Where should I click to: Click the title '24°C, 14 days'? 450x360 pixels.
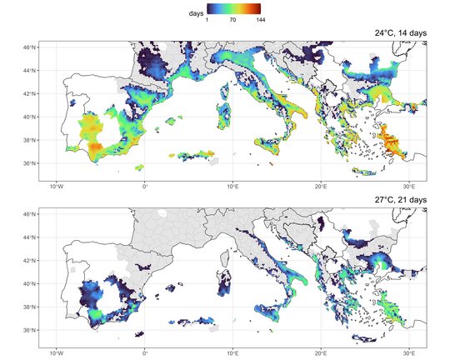point(400,32)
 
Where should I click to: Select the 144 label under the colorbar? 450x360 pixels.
point(261,20)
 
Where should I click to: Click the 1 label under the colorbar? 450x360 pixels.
point(207,20)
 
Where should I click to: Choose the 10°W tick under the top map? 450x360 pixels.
point(57,185)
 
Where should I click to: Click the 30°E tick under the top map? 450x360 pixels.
point(409,185)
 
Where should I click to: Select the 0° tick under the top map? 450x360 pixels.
point(145,185)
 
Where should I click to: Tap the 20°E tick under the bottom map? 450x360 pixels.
point(321,352)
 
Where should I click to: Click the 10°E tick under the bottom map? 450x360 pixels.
point(232,352)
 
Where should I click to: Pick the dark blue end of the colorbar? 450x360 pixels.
point(209,9)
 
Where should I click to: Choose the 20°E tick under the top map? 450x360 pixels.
point(321,185)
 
